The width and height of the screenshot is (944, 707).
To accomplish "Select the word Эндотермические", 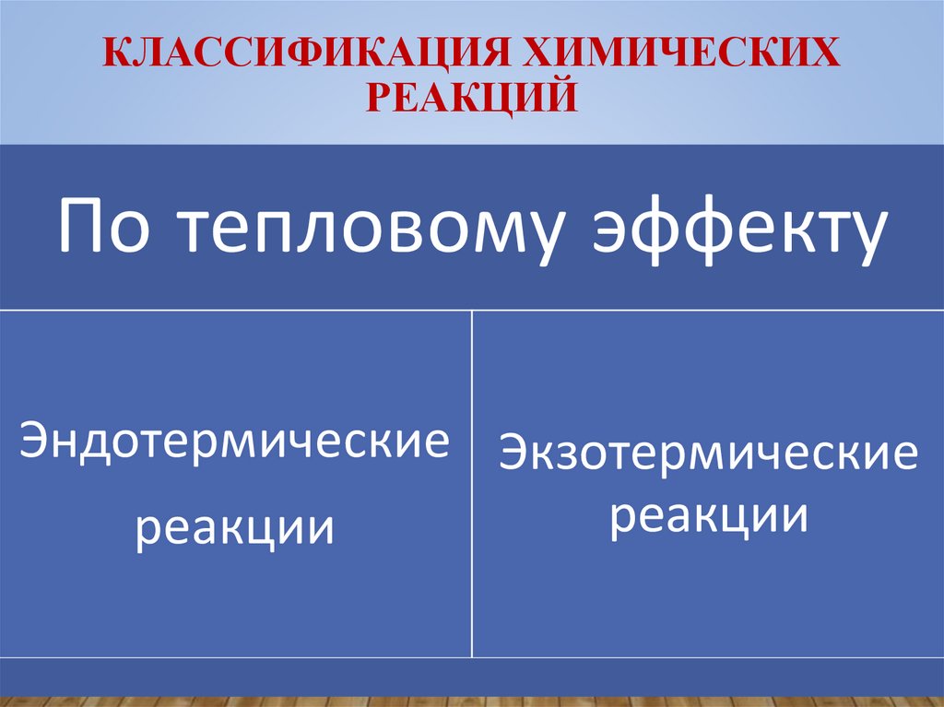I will coord(236,442).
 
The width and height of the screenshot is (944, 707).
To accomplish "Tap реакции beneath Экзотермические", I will coord(708,516).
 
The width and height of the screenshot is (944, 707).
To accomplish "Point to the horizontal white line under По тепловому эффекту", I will coord(472,310).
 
